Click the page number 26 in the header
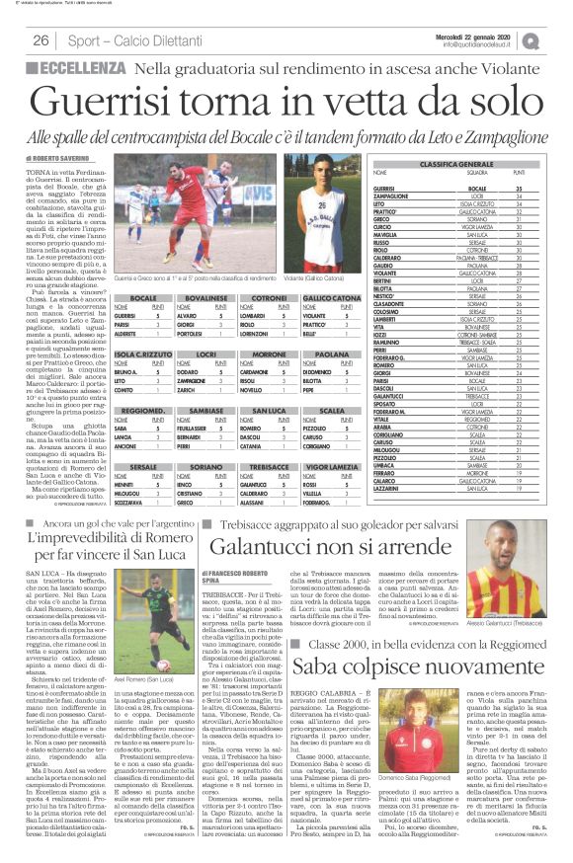point(41,40)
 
